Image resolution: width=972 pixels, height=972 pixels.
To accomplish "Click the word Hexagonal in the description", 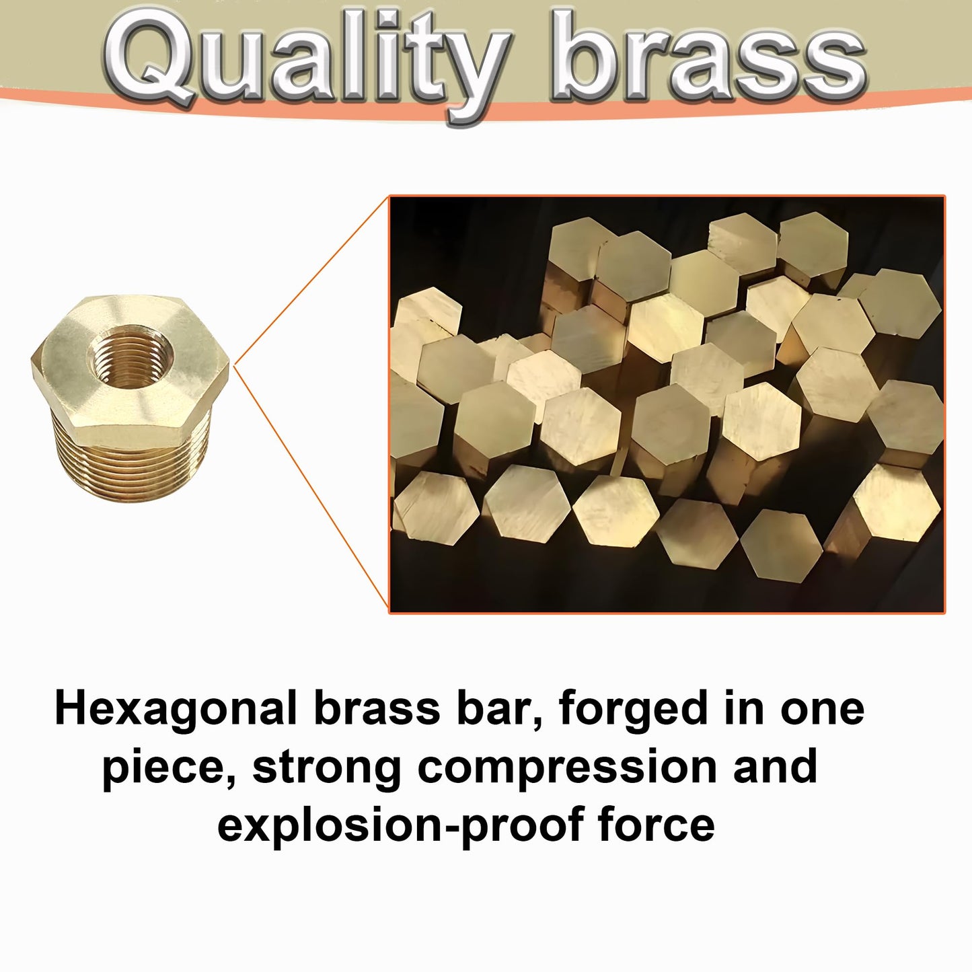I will click(x=175, y=709).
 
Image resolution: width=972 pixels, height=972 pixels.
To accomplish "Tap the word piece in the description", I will click(x=162, y=768).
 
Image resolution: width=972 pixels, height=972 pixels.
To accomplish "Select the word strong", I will click(x=327, y=768).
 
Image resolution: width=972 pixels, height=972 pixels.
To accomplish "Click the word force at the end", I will click(x=656, y=825).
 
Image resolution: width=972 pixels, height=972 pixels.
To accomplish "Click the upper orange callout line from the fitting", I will click(x=312, y=279).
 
